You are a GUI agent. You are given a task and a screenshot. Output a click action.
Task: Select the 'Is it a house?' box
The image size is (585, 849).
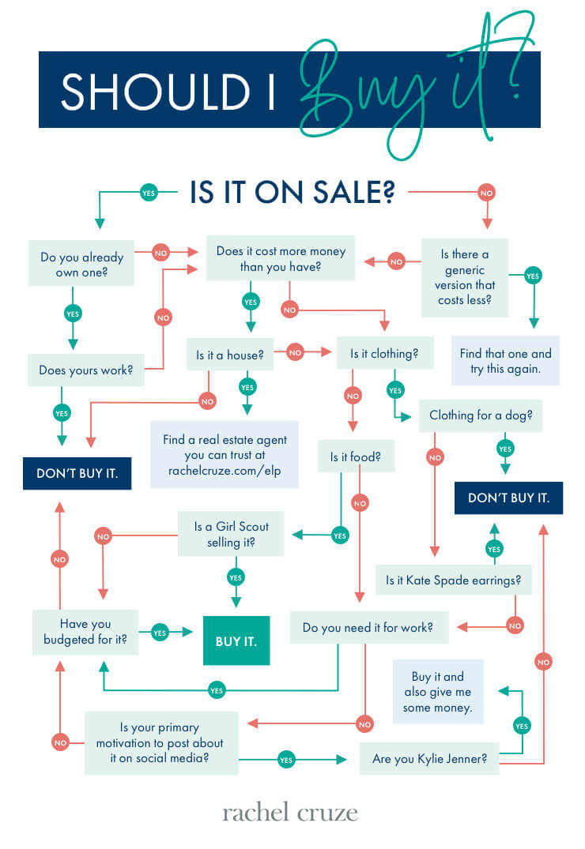tap(230, 355)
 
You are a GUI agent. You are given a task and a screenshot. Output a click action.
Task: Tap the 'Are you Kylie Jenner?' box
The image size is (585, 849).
tap(429, 758)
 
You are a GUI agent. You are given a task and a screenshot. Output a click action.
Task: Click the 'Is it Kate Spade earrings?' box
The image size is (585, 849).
tap(453, 580)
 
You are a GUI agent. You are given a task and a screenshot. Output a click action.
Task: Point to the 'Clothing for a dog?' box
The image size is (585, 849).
tap(481, 415)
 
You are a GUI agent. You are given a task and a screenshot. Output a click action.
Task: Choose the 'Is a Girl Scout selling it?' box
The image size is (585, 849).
tap(231, 534)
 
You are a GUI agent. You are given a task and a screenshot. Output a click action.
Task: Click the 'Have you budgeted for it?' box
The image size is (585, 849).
tap(85, 632)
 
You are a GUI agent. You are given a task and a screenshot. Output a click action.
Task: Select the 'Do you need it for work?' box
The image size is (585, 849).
tap(369, 628)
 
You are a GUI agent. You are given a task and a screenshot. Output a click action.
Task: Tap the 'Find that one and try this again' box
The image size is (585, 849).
tap(505, 361)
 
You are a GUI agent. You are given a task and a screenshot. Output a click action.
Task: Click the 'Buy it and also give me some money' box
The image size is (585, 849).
tap(437, 691)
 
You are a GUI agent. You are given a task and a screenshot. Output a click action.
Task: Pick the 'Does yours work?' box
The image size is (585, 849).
tap(85, 370)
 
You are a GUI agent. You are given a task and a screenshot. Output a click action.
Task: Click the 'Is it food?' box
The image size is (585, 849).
tap(356, 456)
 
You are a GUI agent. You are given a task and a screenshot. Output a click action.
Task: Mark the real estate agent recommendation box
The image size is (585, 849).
tap(225, 455)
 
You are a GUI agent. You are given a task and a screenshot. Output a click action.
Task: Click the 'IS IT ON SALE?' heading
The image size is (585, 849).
tap(292, 192)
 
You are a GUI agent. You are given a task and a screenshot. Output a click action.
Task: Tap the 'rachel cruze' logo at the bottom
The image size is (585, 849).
tap(290, 813)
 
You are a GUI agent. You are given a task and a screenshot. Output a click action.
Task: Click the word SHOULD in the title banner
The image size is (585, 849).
tap(155, 92)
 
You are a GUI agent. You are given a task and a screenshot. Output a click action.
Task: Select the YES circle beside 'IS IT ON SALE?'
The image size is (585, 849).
tap(149, 193)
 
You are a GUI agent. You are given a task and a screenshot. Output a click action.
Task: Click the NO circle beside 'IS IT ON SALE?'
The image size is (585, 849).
tap(486, 193)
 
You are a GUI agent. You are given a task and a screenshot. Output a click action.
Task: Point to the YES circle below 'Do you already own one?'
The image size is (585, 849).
tap(73, 314)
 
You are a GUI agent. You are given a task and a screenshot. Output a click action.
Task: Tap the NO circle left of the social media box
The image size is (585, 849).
tap(60, 742)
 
